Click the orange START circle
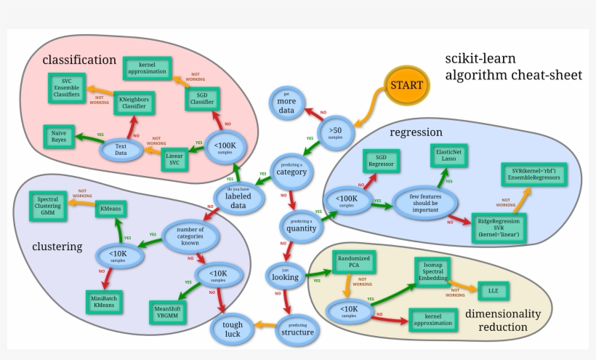(406, 86)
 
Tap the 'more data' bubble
(286, 104)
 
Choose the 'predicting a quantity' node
(301, 226)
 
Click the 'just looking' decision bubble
(285, 276)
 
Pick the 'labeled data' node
(238, 198)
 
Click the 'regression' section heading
(416, 132)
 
